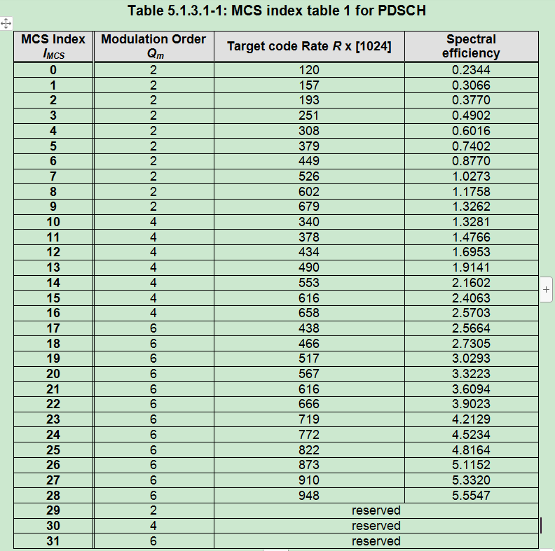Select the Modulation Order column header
153,46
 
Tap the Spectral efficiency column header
471,46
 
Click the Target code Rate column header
309,47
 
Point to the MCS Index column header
53,46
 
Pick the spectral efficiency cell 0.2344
471,70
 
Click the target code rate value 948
309,496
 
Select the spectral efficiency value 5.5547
471,496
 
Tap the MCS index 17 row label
53,328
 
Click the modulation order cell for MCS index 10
153,222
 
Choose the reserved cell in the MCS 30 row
376,526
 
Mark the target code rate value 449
309,161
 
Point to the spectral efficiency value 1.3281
471,222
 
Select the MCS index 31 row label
53,541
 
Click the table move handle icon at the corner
6,24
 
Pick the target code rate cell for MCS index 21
309,389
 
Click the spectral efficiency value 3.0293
471,358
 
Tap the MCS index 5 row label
53,146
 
